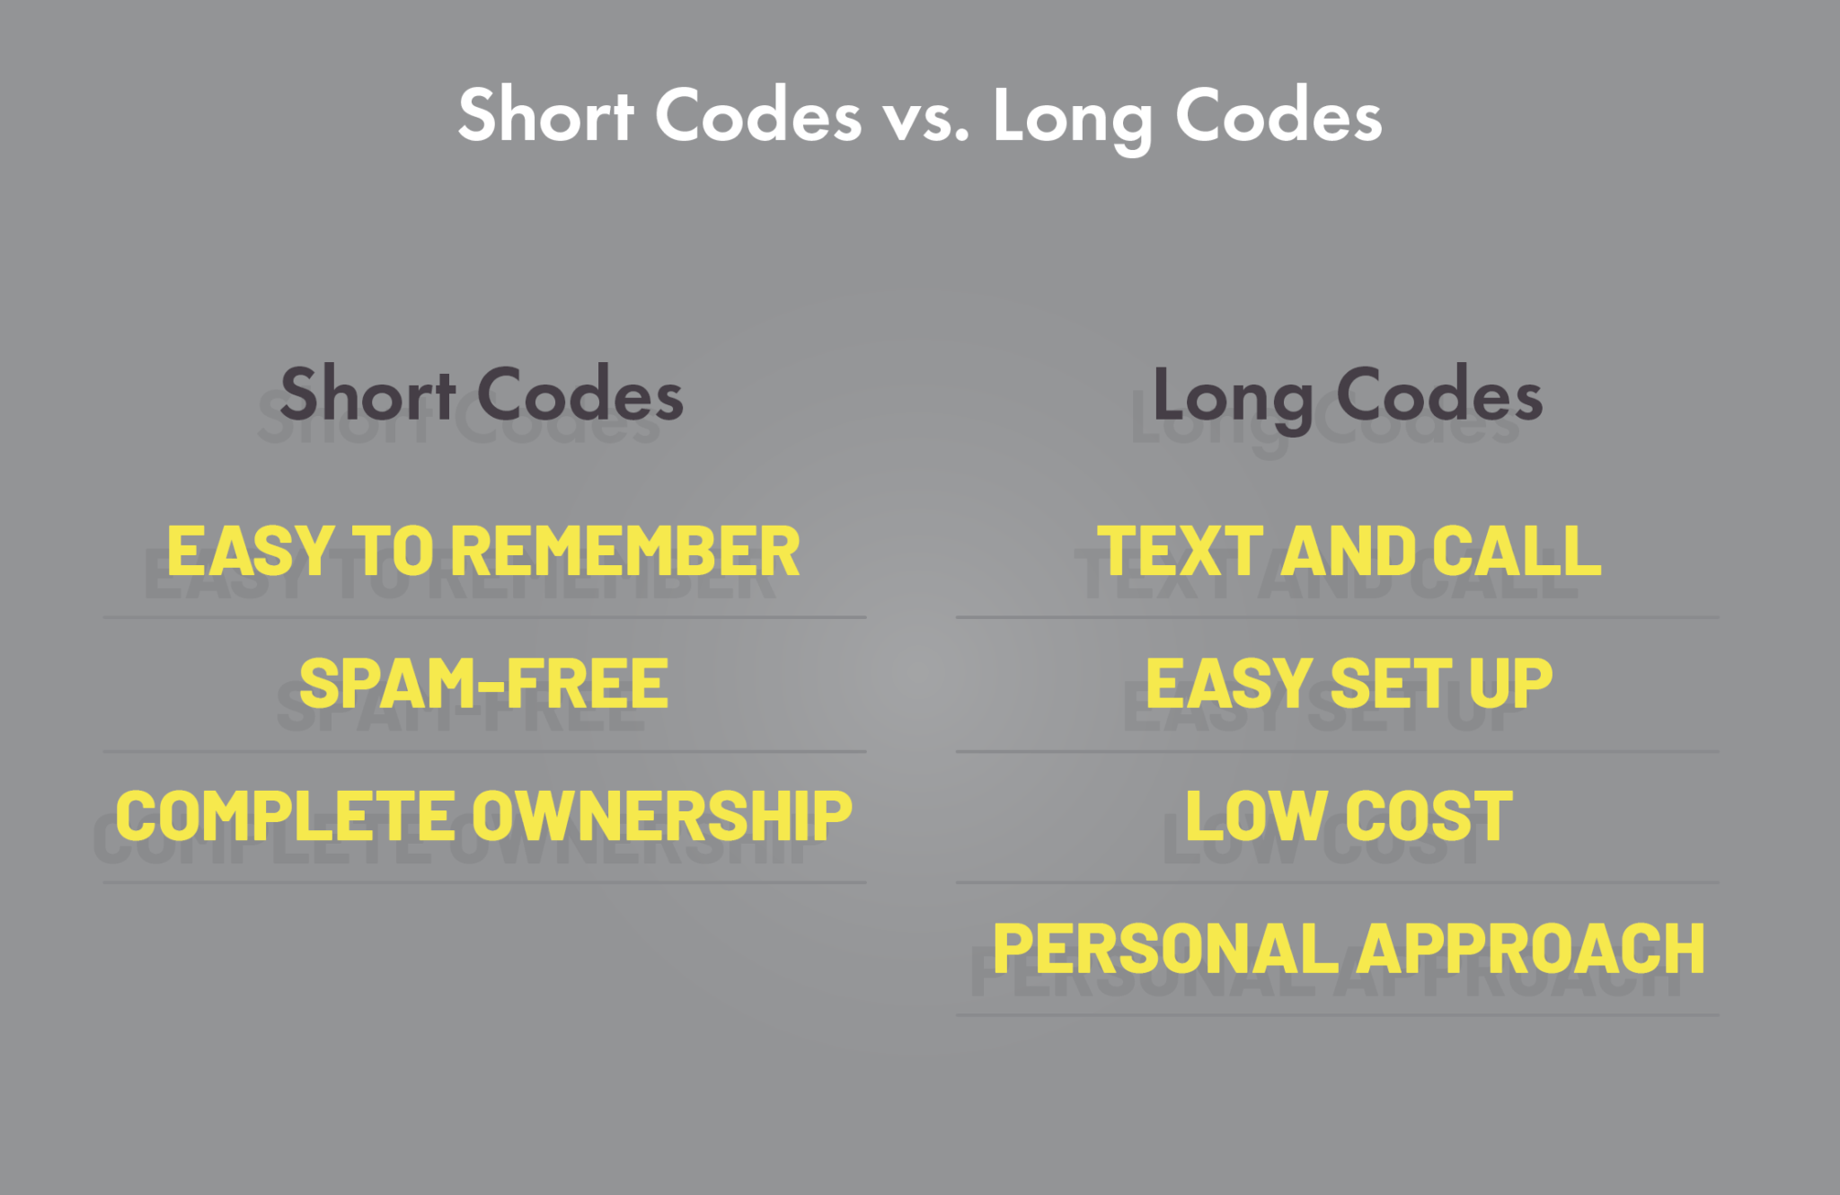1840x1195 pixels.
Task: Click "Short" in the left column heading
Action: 368,395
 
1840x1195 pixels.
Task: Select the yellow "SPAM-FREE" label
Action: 483,684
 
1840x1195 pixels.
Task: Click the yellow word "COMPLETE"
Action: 285,816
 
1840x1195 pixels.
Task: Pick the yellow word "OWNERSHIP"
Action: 661,816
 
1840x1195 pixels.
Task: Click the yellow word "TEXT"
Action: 1180,551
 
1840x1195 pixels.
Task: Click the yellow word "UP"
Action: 1511,684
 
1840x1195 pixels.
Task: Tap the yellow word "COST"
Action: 1429,816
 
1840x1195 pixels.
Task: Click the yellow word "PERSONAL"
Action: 1165,949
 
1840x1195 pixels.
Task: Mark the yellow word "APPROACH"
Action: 1531,949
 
